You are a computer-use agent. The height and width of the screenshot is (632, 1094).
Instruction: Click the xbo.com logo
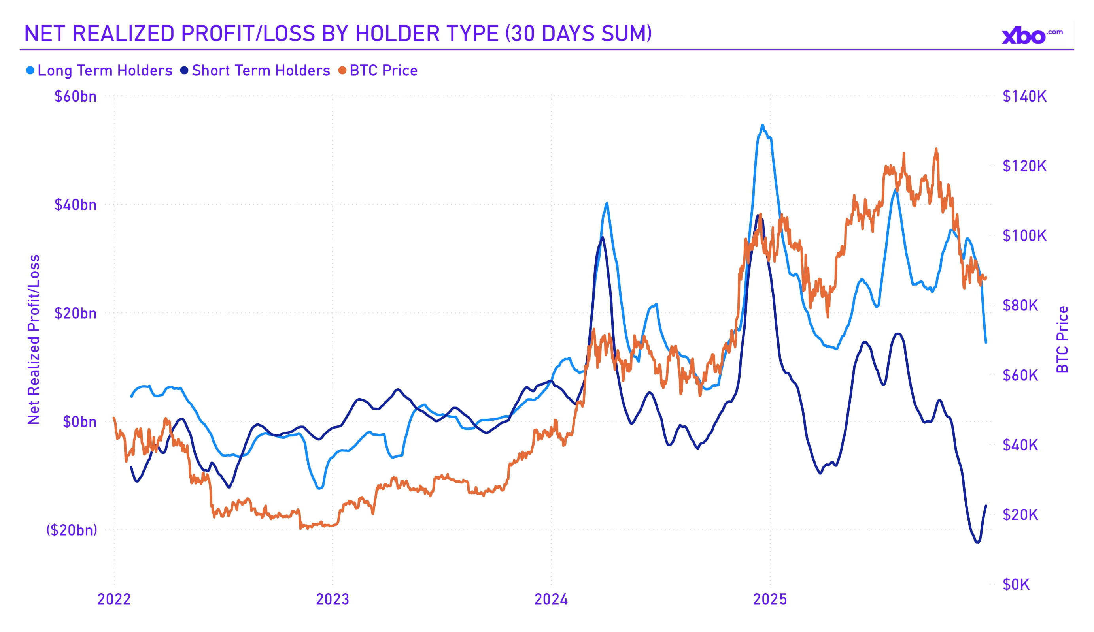1031,36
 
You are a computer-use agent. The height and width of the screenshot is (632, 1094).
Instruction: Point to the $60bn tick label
76,96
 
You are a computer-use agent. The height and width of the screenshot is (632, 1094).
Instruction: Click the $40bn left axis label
76,205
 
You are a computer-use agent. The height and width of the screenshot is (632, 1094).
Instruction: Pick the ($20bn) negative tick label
72,530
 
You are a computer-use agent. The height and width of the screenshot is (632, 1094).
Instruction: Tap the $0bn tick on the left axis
80,421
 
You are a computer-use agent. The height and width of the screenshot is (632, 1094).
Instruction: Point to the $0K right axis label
1016,584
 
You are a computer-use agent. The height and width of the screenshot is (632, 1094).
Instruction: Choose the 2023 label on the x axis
333,600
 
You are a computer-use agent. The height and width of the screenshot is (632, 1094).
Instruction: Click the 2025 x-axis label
770,600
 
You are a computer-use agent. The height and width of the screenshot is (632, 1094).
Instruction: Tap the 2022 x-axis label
114,600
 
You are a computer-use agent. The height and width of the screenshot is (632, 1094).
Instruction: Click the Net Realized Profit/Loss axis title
34,339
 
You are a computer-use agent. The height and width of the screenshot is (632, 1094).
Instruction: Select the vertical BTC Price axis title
1062,339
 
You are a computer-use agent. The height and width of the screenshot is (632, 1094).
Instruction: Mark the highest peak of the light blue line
762,125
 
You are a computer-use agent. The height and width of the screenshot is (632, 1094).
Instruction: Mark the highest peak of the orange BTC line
936,149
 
